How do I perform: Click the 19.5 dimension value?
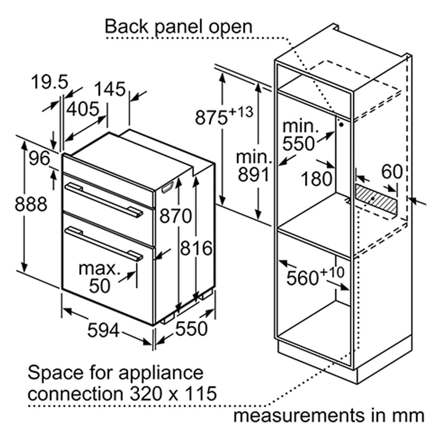[x=49, y=82]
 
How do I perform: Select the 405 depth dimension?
[x=83, y=109]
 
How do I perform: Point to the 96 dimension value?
[x=39, y=158]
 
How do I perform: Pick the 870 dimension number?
[x=175, y=216]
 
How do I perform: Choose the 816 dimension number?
[x=196, y=248]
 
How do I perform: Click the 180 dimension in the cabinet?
[x=317, y=178]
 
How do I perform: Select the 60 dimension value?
[x=392, y=172]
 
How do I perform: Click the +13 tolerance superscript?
[x=241, y=112]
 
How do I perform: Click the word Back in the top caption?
[x=126, y=27]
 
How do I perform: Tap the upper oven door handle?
[x=104, y=200]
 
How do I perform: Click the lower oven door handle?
[x=104, y=244]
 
